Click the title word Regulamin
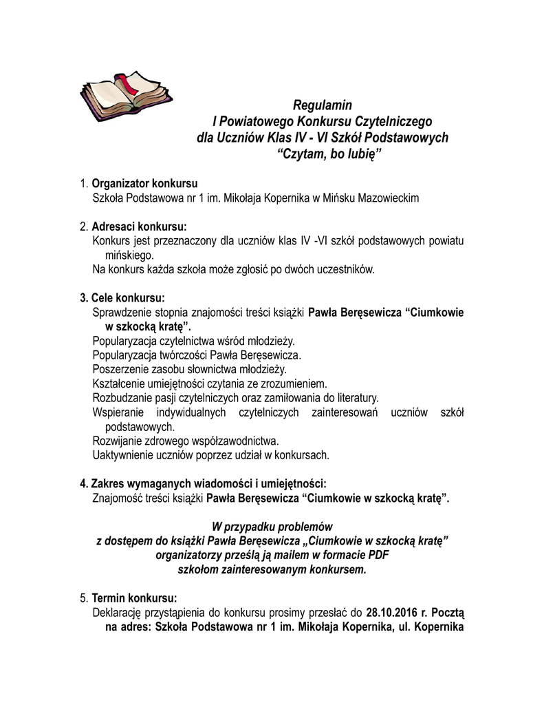coord(322,105)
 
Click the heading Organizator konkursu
coord(144,184)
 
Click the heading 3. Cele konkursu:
coord(123,298)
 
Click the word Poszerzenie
coord(120,369)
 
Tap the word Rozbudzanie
coord(122,398)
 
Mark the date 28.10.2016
coord(391,612)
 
